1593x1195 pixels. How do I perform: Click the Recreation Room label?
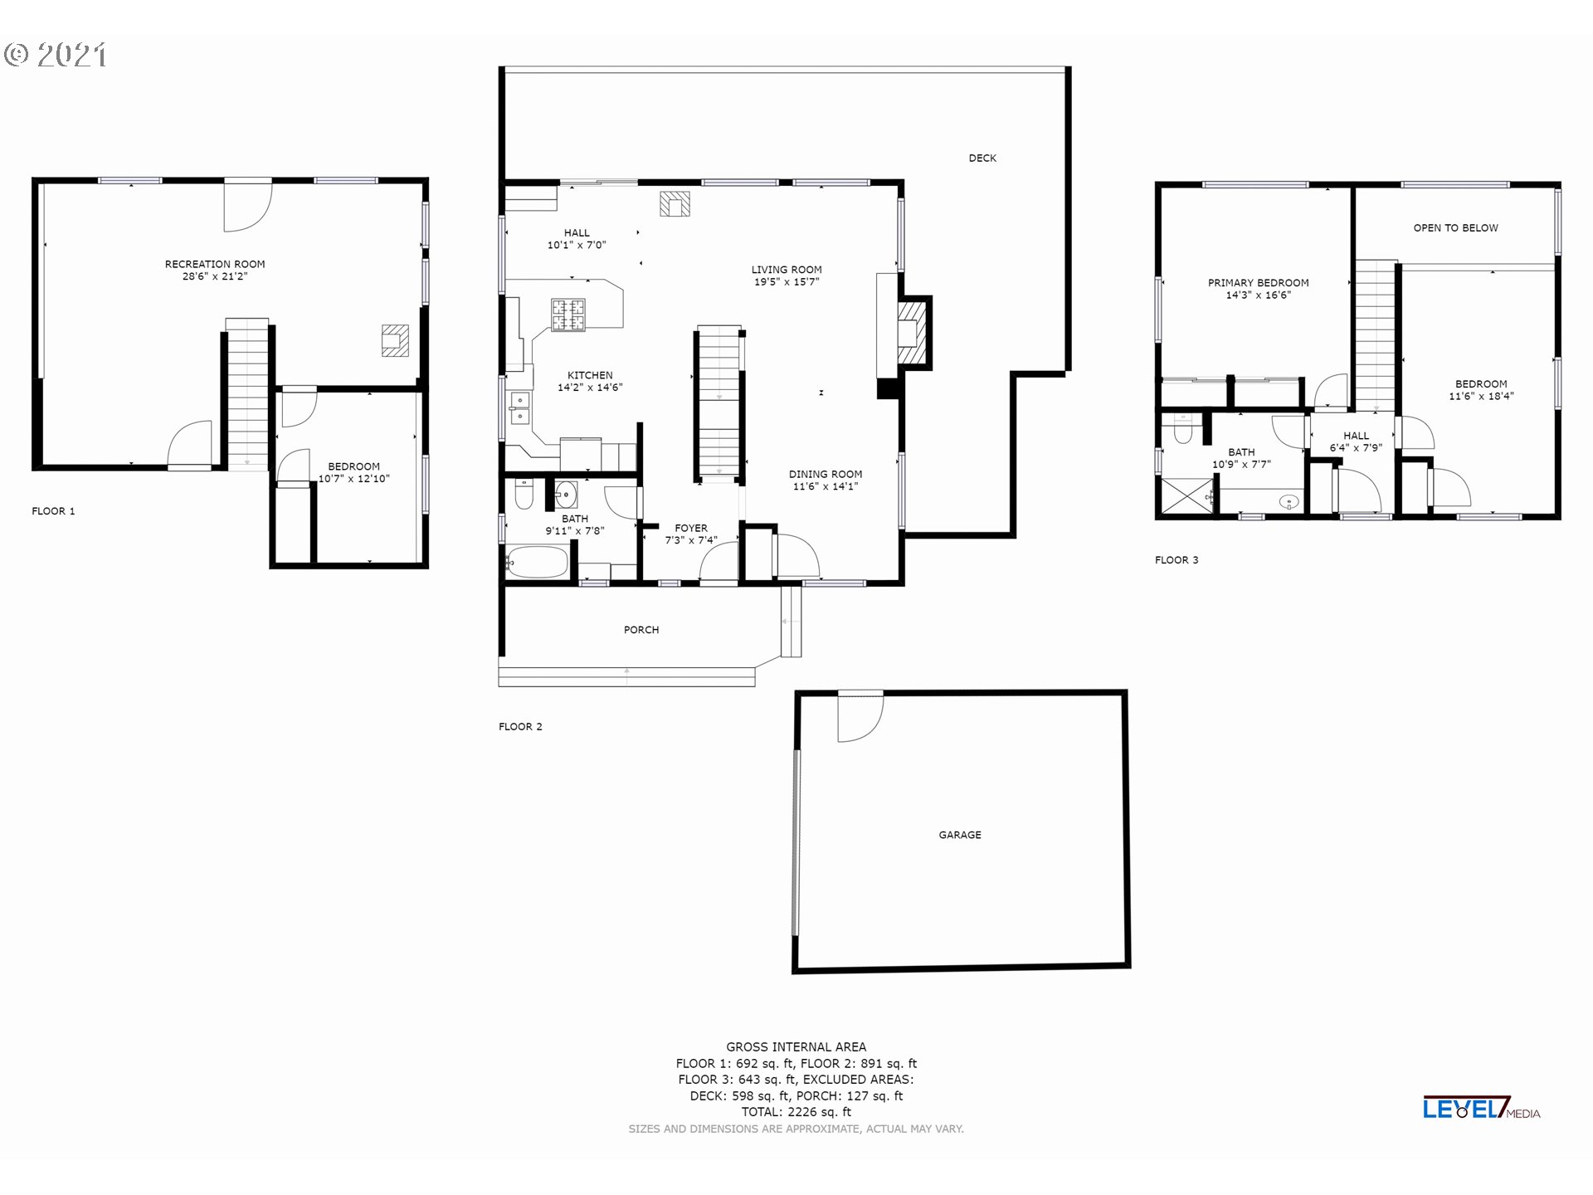click(215, 264)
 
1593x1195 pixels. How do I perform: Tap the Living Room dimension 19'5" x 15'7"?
click(787, 282)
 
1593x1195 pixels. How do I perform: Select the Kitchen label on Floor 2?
click(590, 375)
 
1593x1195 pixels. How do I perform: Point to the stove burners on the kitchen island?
click(568, 315)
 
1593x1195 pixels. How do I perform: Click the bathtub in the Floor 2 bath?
click(538, 562)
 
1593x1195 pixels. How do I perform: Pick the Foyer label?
click(691, 528)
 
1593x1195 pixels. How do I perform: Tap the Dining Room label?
click(826, 475)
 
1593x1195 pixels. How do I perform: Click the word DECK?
click(982, 158)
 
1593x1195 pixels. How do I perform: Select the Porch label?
click(641, 630)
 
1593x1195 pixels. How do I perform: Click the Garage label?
click(960, 835)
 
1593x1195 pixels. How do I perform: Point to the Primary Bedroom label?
click(1259, 283)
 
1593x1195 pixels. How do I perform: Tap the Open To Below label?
click(1456, 228)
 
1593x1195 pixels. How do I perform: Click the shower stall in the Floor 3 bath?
click(1186, 496)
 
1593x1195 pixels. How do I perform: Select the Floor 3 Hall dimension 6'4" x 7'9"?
click(1357, 448)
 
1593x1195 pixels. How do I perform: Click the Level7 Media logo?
click(1482, 1108)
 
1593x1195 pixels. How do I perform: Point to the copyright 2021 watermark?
click(56, 55)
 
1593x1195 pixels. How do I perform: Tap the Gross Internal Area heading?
click(796, 1047)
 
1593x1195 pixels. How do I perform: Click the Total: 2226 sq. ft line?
click(796, 1112)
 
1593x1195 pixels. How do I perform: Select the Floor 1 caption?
click(53, 511)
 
